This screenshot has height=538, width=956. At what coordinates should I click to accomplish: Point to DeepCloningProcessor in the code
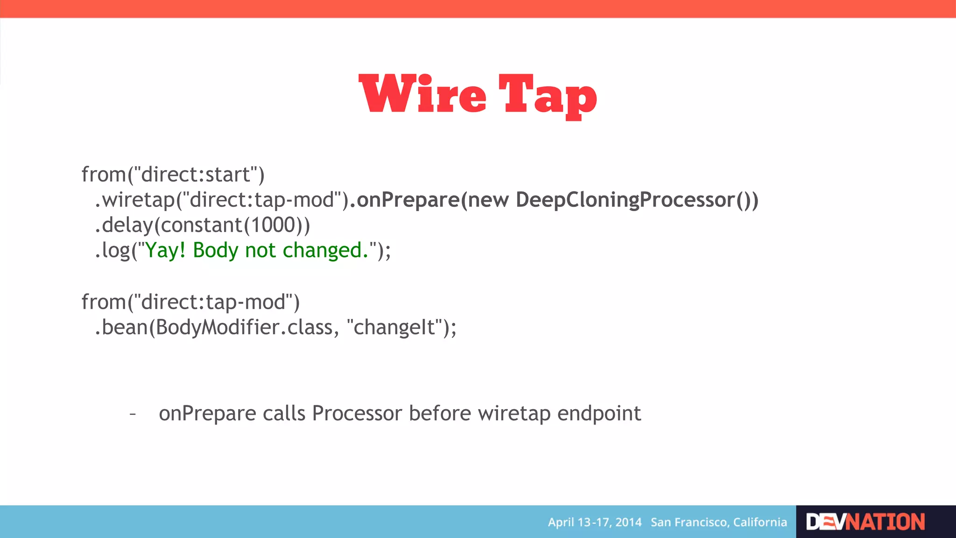[x=625, y=200]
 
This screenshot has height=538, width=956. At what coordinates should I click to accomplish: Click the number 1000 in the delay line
[x=273, y=225]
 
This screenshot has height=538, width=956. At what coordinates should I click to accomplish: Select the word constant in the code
[x=201, y=225]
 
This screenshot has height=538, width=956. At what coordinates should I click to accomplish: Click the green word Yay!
[x=165, y=250]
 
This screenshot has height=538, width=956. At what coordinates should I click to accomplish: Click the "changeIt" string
[x=394, y=327]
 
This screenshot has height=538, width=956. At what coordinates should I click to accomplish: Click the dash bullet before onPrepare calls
[x=133, y=414]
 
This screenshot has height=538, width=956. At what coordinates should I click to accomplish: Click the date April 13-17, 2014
[x=594, y=522]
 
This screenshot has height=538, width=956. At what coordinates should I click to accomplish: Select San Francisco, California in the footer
[x=718, y=522]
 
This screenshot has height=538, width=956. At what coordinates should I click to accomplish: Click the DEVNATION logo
[x=865, y=522]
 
